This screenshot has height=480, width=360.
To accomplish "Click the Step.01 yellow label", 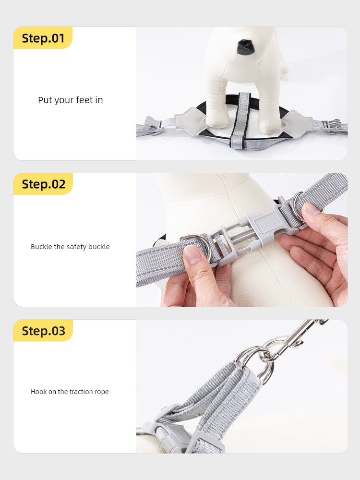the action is (x=43, y=37).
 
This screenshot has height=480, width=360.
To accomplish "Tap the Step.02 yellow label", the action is (x=43, y=184).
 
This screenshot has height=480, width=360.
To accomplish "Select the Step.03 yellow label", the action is (x=43, y=331).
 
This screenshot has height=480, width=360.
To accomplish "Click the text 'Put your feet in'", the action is (x=71, y=100).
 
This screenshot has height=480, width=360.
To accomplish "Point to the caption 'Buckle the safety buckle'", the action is (x=70, y=247).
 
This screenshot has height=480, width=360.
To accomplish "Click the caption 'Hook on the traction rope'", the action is (x=70, y=392).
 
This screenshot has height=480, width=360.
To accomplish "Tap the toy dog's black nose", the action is (x=245, y=47).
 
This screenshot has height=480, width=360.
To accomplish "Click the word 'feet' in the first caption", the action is (x=84, y=100).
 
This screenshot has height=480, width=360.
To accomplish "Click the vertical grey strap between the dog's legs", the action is (x=240, y=121).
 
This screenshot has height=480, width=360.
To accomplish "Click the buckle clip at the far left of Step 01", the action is (x=152, y=125).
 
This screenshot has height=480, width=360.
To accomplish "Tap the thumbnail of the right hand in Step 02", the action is (x=311, y=210).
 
